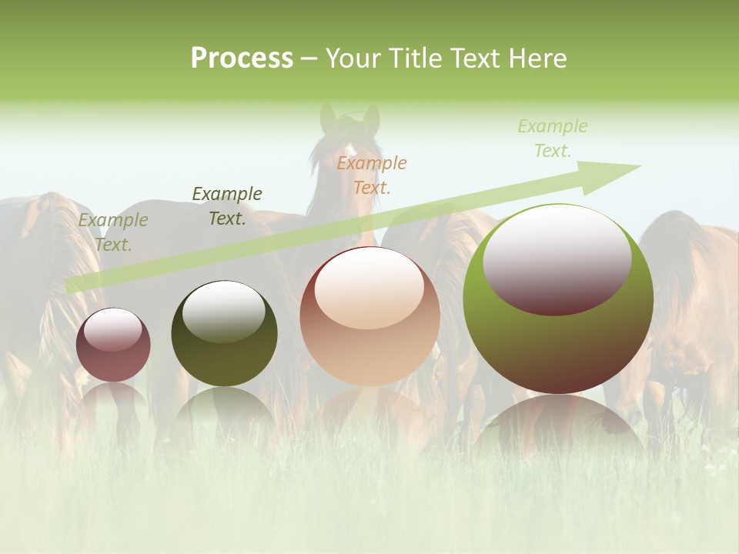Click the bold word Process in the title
(x=242, y=58)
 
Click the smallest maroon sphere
(x=113, y=345)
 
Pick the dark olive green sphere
(x=224, y=334)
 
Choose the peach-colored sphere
(x=369, y=316)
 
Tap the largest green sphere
(x=558, y=299)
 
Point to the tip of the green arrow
(x=640, y=166)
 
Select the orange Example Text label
(x=372, y=175)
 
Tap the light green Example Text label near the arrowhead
(x=552, y=138)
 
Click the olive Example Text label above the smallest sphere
(x=113, y=232)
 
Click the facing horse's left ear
(x=329, y=118)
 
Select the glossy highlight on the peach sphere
(x=369, y=288)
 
